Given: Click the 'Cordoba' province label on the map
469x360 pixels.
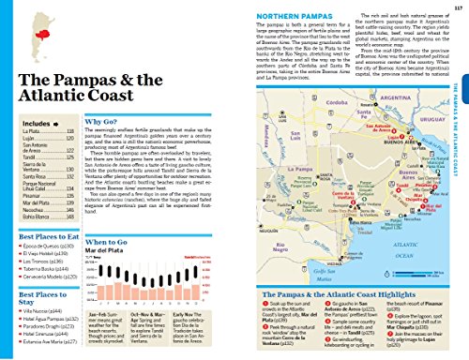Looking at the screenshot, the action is pos(299,101).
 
